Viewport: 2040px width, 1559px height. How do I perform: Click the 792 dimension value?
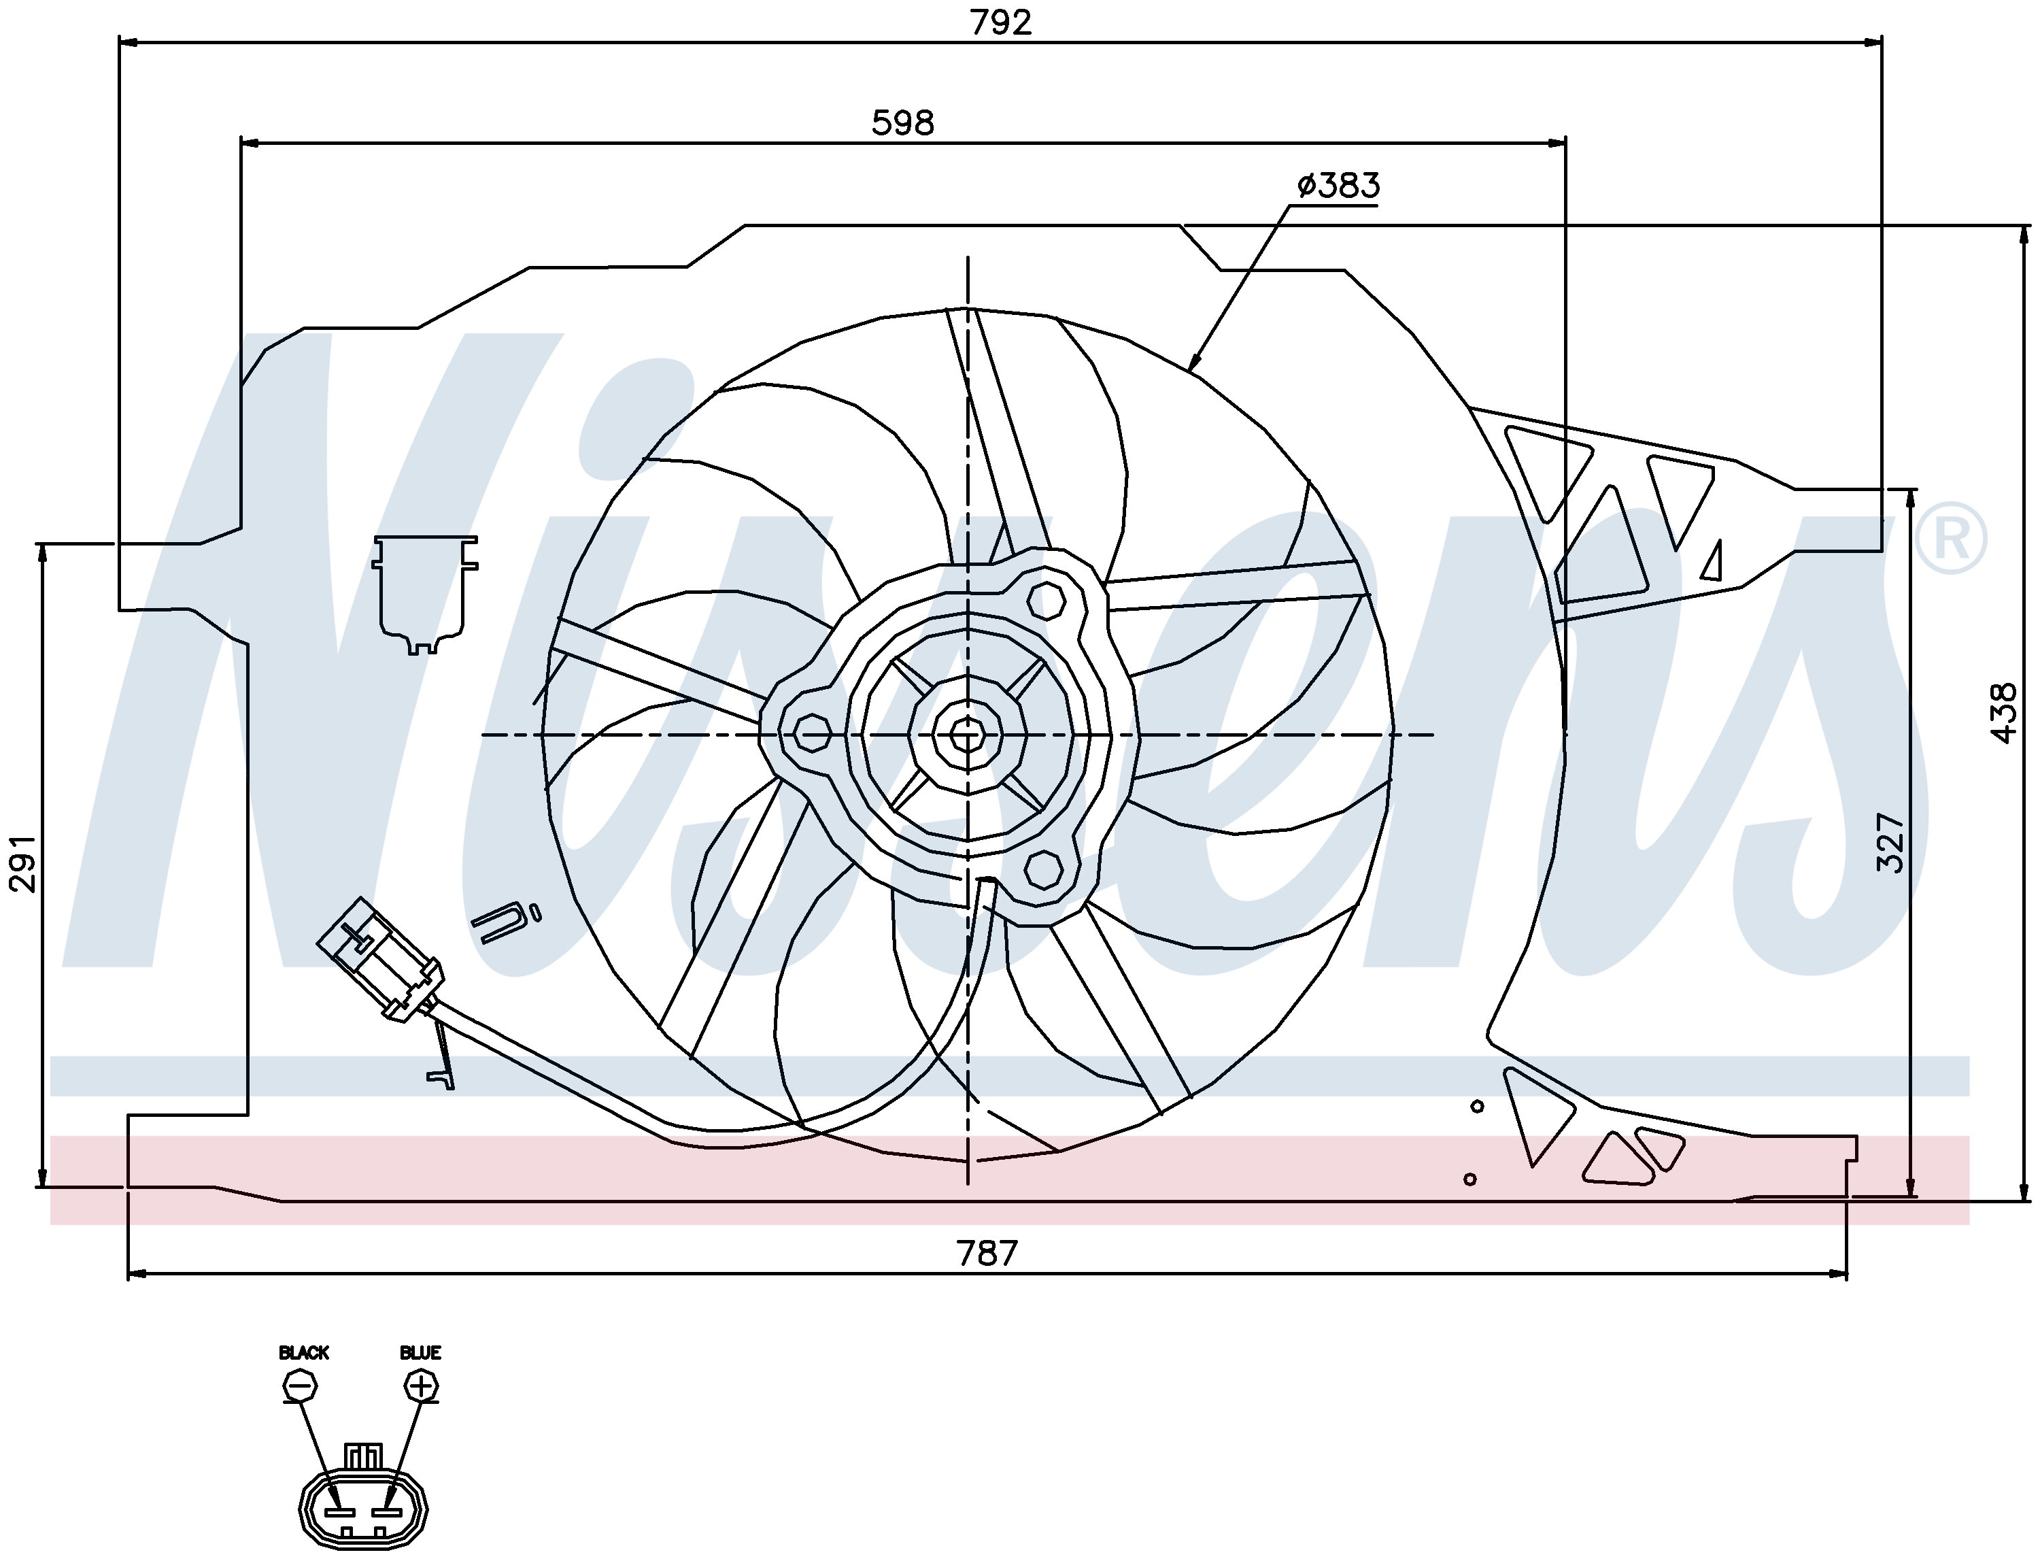click(x=1000, y=22)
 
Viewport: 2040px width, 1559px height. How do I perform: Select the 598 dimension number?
click(x=902, y=122)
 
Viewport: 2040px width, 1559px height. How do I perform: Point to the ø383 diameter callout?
click(x=1338, y=186)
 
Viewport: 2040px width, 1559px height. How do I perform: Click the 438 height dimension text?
click(x=2004, y=713)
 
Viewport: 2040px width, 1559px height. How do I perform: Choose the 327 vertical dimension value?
click(x=1890, y=843)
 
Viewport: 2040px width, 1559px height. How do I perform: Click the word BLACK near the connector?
click(x=303, y=1353)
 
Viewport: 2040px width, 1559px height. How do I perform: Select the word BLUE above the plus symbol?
click(x=420, y=1353)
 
